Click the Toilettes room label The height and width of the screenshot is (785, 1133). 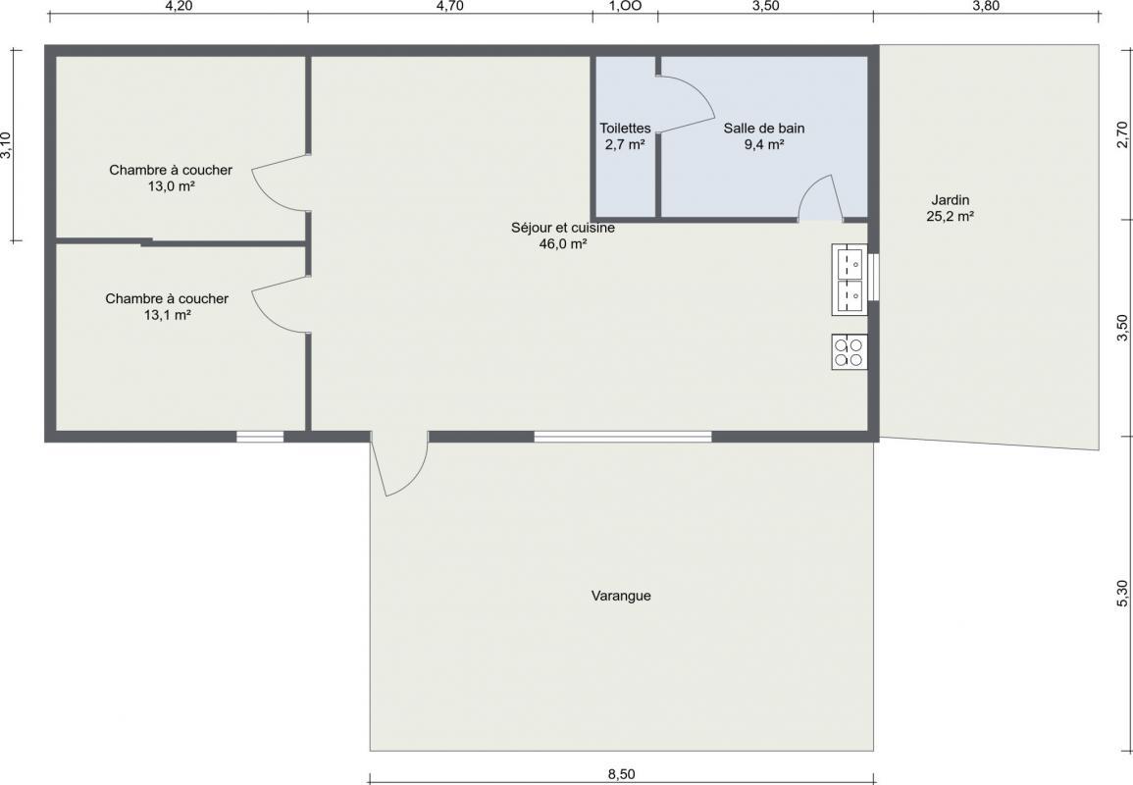coord(625,135)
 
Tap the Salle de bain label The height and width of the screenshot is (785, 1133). coord(764,135)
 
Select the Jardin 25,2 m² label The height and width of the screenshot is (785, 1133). coord(951,207)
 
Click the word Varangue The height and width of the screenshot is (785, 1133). coord(621,596)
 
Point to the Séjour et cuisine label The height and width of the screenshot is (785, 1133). coord(563,235)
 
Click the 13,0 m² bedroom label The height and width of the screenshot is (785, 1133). coord(171,178)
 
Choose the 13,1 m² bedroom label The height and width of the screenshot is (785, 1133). coord(167,306)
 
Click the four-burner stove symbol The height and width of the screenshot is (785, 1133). coord(850,352)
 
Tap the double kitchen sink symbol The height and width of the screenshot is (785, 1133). coord(850,279)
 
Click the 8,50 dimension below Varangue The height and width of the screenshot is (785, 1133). coord(621,774)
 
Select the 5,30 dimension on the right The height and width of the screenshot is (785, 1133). coord(1122,594)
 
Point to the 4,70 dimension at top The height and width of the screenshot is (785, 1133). coord(450,7)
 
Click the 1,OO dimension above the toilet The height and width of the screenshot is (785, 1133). coord(625,7)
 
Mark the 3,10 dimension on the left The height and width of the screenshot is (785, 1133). coord(7,144)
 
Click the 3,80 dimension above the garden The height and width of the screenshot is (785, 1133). coord(986,7)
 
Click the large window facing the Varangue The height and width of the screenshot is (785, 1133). coord(623,437)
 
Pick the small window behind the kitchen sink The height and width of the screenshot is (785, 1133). coord(873,277)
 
